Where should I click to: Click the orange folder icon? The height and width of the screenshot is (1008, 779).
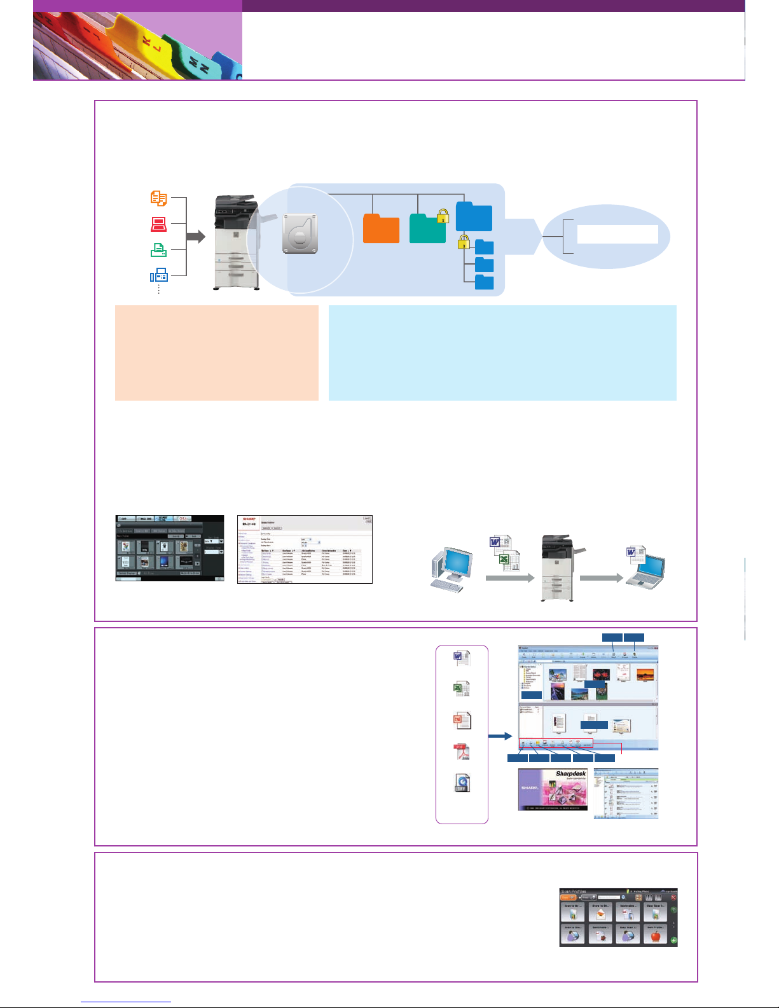click(381, 229)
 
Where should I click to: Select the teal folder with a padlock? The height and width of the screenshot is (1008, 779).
click(427, 229)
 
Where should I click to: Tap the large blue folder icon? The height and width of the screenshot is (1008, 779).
click(474, 216)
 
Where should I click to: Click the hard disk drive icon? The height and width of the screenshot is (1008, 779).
click(300, 233)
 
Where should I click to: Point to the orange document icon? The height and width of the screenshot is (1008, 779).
click(158, 198)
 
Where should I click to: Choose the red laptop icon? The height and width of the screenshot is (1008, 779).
click(158, 224)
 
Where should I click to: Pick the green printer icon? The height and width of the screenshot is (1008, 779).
click(158, 250)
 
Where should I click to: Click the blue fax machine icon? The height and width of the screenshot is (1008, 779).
click(158, 275)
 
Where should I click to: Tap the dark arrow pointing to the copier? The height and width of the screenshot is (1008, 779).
click(196, 237)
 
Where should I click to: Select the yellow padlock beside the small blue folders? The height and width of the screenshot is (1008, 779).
click(464, 242)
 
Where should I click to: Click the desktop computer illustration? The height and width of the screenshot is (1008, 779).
click(452, 569)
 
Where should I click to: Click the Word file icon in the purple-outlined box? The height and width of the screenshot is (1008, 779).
click(462, 658)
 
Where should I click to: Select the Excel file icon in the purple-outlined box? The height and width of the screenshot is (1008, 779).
click(462, 689)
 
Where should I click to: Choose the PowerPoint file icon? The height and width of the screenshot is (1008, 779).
click(462, 721)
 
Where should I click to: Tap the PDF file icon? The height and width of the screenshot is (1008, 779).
click(462, 752)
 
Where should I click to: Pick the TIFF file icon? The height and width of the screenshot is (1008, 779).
click(462, 783)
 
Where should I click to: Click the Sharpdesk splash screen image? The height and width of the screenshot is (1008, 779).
click(553, 789)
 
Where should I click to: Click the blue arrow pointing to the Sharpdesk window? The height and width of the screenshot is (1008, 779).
click(500, 736)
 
